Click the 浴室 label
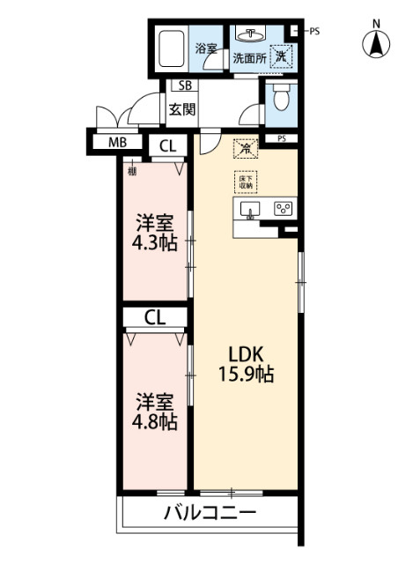pos(206,50)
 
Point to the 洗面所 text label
pos(250,59)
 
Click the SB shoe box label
pos(185,86)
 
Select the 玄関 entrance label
pos(183,111)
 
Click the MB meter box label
pos(117,143)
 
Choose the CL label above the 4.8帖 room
pos(154,316)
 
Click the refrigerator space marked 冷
pos(241,150)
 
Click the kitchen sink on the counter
pos(250,210)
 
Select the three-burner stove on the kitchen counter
pos(284,210)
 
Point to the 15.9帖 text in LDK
pos(246,374)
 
